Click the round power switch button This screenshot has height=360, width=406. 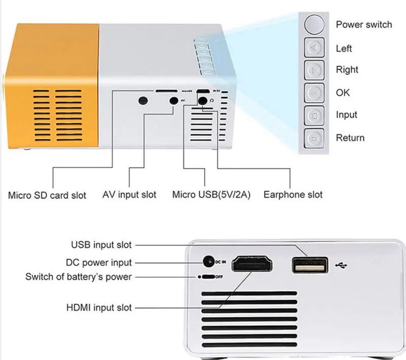point(313,24)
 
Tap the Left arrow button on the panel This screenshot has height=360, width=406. point(313,48)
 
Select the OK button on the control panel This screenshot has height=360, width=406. point(313,93)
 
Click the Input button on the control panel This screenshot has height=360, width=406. point(313,115)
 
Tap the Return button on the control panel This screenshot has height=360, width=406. point(313,138)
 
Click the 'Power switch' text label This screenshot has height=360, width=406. point(363,24)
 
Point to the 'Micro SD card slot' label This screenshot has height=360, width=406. point(47,195)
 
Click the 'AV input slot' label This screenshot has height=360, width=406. point(129,194)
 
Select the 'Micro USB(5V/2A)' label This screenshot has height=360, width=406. point(211,195)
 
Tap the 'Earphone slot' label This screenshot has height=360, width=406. point(293,194)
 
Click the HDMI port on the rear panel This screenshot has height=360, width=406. point(252,265)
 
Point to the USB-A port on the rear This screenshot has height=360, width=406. point(310,265)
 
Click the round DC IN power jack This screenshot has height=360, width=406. point(208,262)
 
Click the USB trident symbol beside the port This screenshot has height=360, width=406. point(341,265)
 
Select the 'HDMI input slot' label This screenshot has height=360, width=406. point(99,308)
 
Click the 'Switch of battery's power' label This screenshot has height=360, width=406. point(78,277)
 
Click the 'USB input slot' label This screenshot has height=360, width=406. point(101,245)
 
